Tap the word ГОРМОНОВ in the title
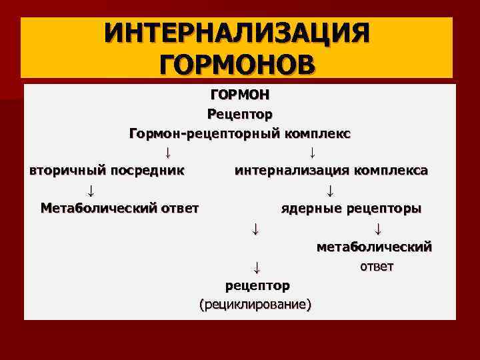point(236,65)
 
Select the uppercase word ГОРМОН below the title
point(240,95)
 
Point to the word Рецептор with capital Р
point(240,114)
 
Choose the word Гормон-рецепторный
point(201,133)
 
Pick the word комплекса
point(390,170)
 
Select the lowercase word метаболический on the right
point(374,247)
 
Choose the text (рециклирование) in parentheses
point(255,305)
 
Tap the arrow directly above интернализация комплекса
point(313,151)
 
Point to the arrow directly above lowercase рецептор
point(255,268)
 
